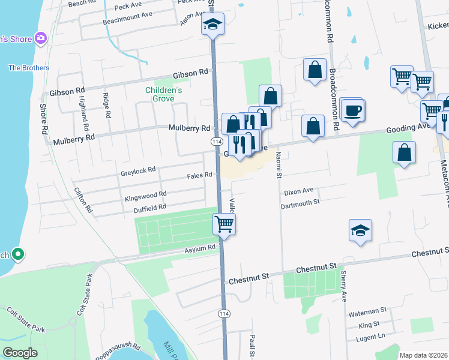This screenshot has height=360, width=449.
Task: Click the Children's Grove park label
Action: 163,94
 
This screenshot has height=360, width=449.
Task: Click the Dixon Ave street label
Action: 299,191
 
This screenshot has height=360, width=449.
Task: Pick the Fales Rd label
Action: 199,175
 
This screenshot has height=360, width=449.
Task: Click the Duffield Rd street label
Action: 149,208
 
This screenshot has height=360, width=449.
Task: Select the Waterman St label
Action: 367,311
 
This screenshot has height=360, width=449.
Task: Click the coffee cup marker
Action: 352,110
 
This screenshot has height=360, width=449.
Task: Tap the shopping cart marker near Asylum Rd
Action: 224,225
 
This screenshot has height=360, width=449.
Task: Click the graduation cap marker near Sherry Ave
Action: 360,230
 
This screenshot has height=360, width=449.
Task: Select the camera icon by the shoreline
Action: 41,39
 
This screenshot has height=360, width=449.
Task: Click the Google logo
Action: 20,352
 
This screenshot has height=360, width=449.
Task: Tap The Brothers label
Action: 28,68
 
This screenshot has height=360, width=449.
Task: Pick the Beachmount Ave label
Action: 127,15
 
